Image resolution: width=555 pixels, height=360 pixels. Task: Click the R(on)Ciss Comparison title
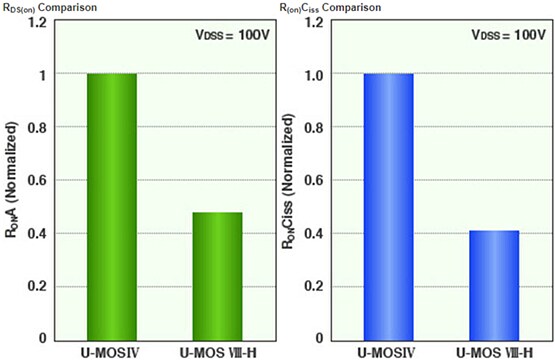click(333, 8)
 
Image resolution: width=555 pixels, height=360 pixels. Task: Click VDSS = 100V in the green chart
click(227, 36)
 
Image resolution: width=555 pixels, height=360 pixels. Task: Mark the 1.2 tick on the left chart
click(38, 21)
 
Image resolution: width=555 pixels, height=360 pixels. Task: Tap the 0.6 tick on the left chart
click(38, 180)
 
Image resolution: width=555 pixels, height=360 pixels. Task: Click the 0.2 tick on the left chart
click(38, 286)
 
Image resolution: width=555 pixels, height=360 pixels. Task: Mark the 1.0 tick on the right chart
click(314, 74)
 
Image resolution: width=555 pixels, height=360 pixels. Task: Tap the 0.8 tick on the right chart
click(314, 127)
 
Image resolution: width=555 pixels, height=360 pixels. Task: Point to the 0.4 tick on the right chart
click(314, 233)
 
